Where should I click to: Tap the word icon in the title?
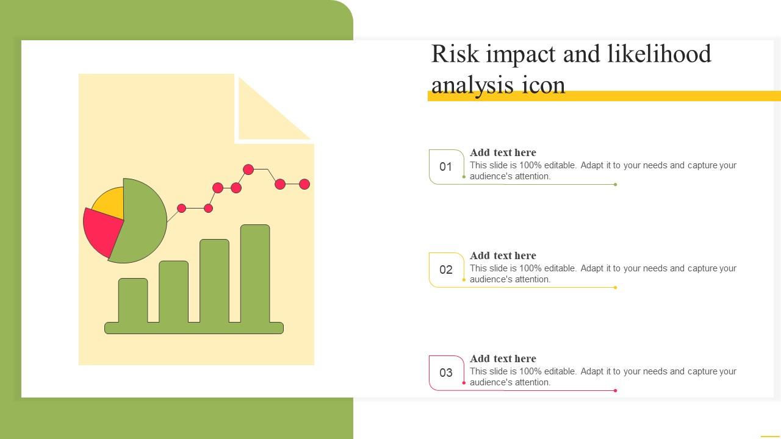click(543, 85)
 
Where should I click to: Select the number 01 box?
click(446, 166)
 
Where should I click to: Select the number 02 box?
click(446, 269)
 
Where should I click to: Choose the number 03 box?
click(446, 373)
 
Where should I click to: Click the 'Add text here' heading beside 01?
click(503, 152)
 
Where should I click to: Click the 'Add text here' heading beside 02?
click(503, 255)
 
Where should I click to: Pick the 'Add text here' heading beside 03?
click(503, 359)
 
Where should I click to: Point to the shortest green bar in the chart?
click(133, 299)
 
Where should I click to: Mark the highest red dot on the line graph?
click(248, 170)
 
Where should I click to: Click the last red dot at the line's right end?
click(304, 184)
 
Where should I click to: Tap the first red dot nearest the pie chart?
click(181, 208)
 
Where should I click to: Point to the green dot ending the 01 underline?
click(616, 184)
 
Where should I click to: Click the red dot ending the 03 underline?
click(616, 390)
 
